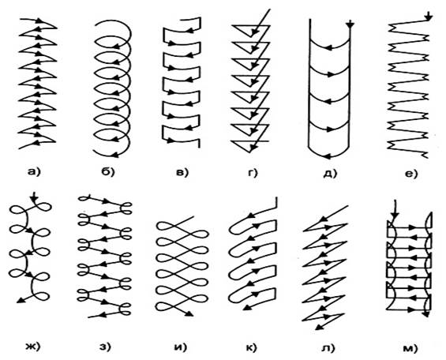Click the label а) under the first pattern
[x=35, y=172]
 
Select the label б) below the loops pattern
[x=107, y=172]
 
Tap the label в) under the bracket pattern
[x=182, y=172]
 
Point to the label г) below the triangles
[x=252, y=172]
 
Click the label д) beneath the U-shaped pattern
[x=331, y=173]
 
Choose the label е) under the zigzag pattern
[x=410, y=173]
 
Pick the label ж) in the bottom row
[x=34, y=347]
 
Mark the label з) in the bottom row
[x=105, y=347]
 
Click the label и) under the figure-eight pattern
[x=180, y=347]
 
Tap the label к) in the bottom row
[x=251, y=347]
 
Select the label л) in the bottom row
[x=329, y=347]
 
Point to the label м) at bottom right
[x=410, y=348]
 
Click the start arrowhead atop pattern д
[x=350, y=25]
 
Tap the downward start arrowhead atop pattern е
[x=429, y=17]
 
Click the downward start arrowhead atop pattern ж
[x=35, y=200]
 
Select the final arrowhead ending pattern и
[x=190, y=313]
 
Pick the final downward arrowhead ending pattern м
[x=426, y=313]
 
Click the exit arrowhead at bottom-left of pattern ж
[x=21, y=300]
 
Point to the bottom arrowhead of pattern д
[x=328, y=156]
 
